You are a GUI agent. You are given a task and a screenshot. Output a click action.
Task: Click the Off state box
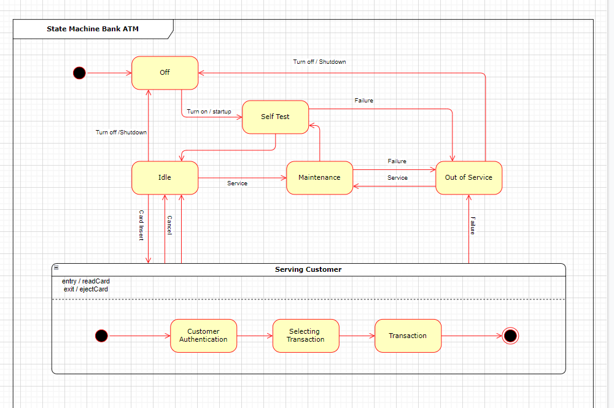click(165, 72)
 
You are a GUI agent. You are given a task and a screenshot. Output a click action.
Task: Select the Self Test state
click(275, 117)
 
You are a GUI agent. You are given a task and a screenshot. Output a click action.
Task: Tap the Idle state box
click(165, 177)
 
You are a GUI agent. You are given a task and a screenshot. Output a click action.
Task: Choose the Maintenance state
click(319, 177)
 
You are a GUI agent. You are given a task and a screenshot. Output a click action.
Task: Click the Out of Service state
click(468, 177)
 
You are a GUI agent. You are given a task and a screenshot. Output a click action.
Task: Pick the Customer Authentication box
click(203, 336)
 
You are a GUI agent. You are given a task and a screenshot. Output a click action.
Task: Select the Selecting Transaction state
click(305, 336)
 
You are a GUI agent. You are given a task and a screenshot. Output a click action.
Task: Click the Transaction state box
click(408, 336)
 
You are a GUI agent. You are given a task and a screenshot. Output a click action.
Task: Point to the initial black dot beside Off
click(79, 73)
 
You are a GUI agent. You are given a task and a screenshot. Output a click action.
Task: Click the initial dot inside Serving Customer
click(102, 336)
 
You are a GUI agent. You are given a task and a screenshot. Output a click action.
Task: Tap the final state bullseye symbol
click(510, 336)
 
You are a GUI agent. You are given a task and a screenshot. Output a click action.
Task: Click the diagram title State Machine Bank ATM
click(93, 29)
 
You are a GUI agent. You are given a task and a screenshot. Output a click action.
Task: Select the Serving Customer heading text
click(308, 269)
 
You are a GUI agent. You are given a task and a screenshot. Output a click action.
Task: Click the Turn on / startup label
click(209, 112)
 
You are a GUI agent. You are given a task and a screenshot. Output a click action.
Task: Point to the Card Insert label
click(141, 225)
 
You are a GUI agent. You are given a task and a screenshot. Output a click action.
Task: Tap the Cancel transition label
click(169, 225)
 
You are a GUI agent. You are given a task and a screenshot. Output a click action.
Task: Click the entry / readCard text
click(86, 281)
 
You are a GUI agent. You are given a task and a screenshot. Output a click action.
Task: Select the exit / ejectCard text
click(86, 289)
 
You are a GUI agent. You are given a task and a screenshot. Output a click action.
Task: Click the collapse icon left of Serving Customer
click(56, 268)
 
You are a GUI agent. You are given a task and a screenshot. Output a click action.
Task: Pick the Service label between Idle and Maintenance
click(237, 183)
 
